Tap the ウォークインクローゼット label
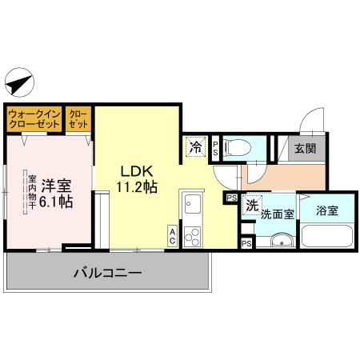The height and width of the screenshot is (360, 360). [x=34, y=119]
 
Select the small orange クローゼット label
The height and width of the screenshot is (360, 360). [x=78, y=119]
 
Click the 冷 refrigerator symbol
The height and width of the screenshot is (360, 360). [x=194, y=147]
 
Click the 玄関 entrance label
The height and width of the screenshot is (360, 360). [x=305, y=148]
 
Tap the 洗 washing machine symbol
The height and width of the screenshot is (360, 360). [x=251, y=206]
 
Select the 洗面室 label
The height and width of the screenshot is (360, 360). [x=278, y=214]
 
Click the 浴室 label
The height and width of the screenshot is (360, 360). [x=327, y=212]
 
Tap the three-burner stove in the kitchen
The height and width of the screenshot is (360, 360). [x=192, y=235]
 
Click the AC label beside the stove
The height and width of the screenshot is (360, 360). [x=173, y=235]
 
